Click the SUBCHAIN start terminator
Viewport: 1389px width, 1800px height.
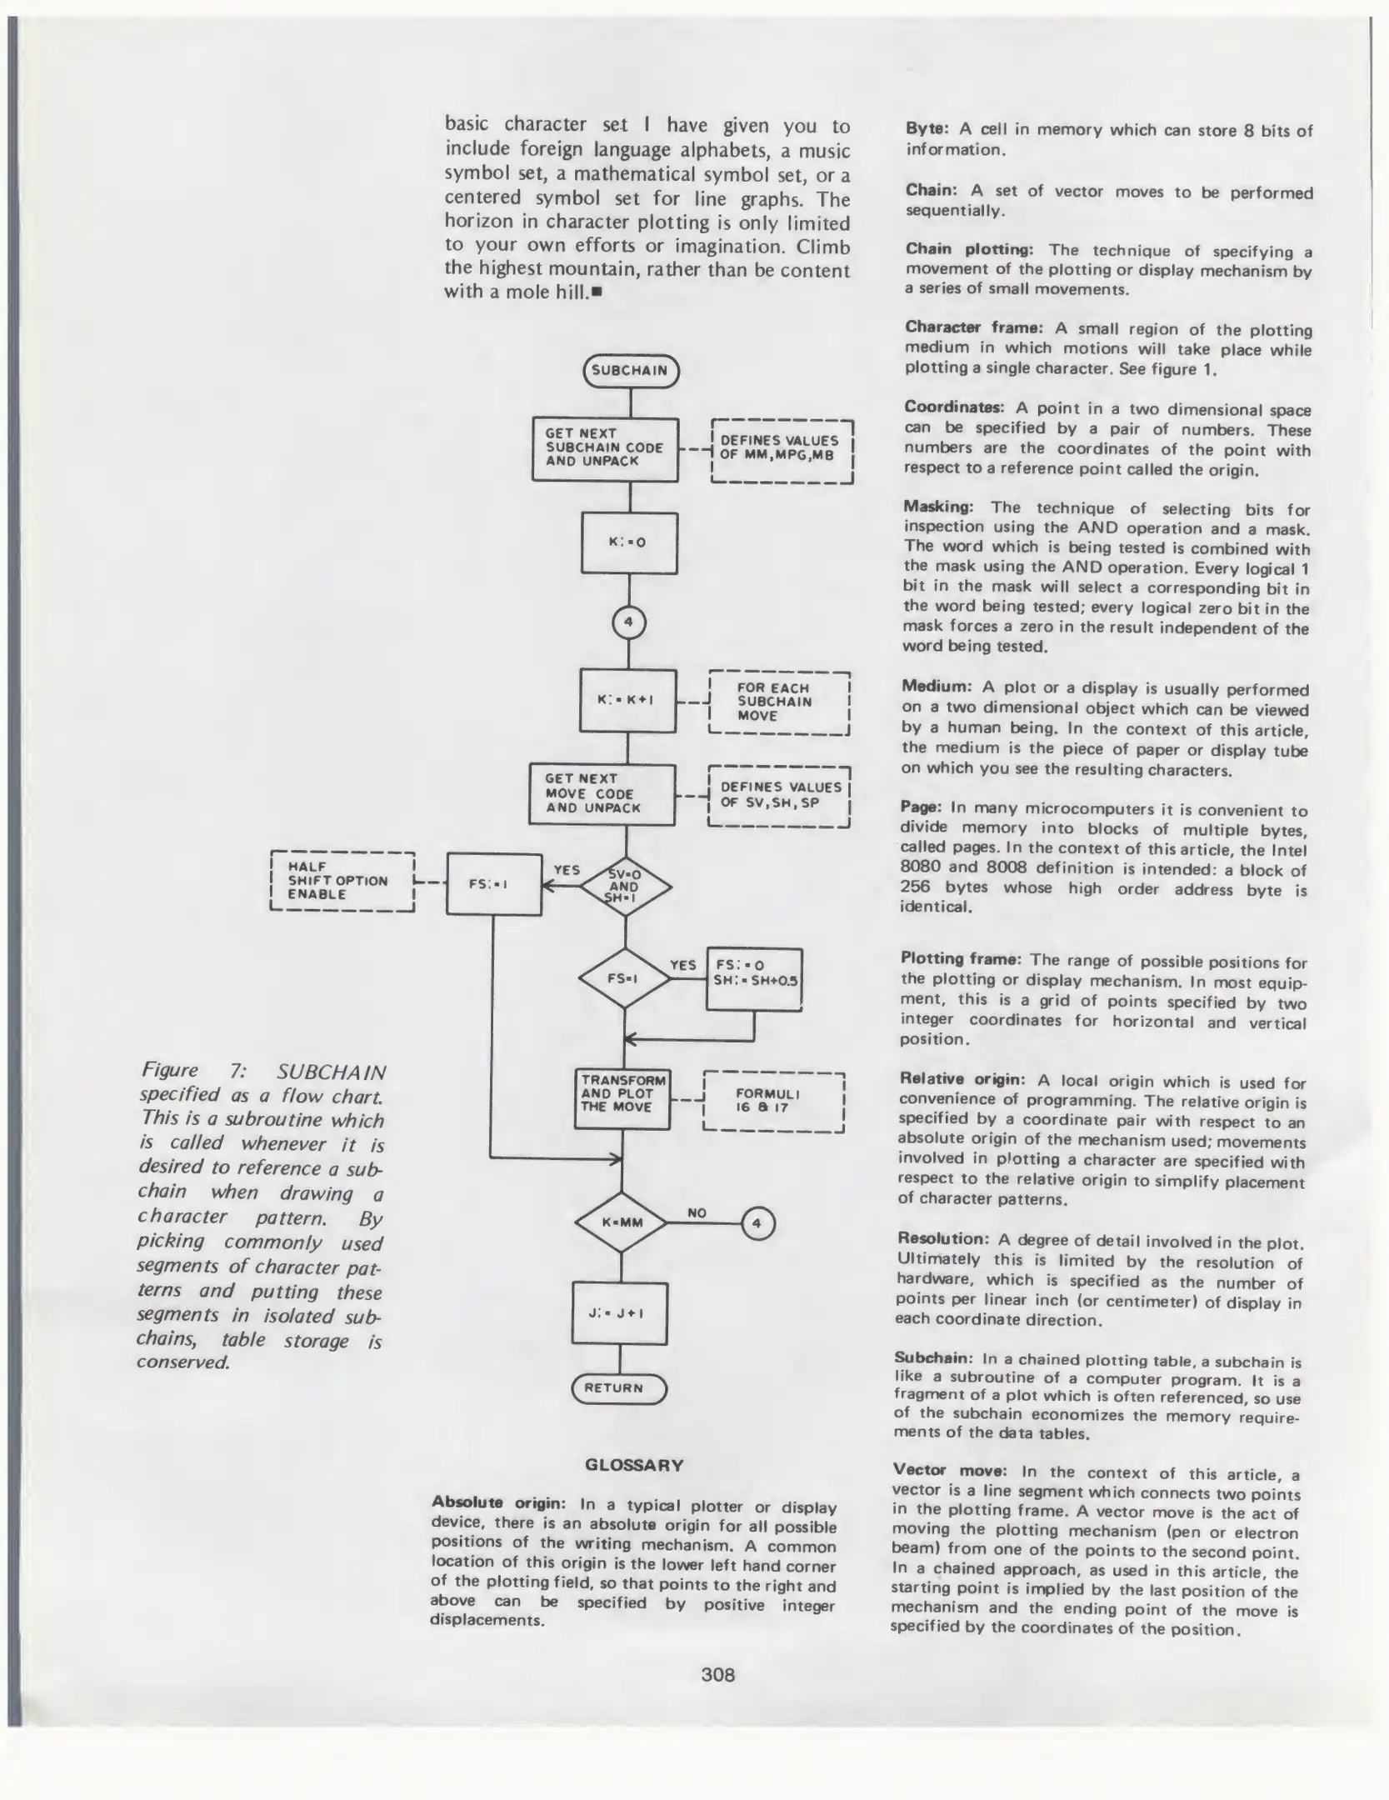click(x=631, y=371)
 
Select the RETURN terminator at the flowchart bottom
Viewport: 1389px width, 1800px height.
click(x=619, y=1387)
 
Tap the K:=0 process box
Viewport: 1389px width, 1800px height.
click(x=629, y=542)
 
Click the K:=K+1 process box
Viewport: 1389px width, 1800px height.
click(x=627, y=700)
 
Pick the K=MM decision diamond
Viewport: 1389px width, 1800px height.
click(x=621, y=1223)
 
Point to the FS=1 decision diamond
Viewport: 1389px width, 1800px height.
click(x=624, y=978)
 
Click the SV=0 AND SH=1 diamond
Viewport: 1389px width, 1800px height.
click(x=625, y=887)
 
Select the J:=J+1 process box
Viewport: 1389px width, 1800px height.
click(x=619, y=1313)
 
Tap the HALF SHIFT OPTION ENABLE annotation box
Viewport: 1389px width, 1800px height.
click(x=342, y=882)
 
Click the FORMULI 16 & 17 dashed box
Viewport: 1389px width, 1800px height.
click(x=774, y=1101)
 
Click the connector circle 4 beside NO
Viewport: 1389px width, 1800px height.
click(x=757, y=1224)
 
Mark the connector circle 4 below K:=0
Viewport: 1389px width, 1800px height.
click(x=629, y=622)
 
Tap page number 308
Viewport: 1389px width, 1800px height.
click(x=717, y=1674)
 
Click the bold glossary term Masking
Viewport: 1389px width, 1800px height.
click(x=938, y=507)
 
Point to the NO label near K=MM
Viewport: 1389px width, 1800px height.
click(x=697, y=1212)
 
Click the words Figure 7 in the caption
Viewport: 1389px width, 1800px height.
click(x=192, y=1071)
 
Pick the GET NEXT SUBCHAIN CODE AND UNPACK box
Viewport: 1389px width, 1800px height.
click(x=605, y=448)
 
